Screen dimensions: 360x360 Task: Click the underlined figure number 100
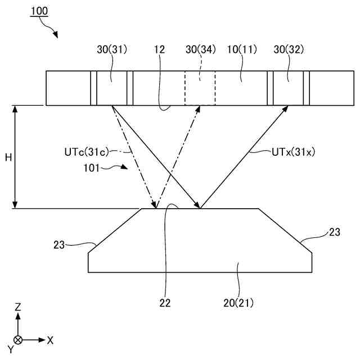tap(40, 11)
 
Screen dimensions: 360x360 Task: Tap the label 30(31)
tap(112, 49)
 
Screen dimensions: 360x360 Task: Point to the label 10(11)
tap(241, 49)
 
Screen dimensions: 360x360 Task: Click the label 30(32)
tap(289, 49)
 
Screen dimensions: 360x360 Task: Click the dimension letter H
tap(8, 157)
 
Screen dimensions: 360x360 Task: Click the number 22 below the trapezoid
tap(165, 303)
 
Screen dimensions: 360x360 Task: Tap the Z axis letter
tap(18, 307)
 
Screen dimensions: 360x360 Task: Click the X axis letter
tap(50, 340)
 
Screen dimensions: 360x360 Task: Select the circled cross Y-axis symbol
tap(18, 340)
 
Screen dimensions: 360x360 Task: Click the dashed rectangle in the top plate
tap(200, 88)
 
